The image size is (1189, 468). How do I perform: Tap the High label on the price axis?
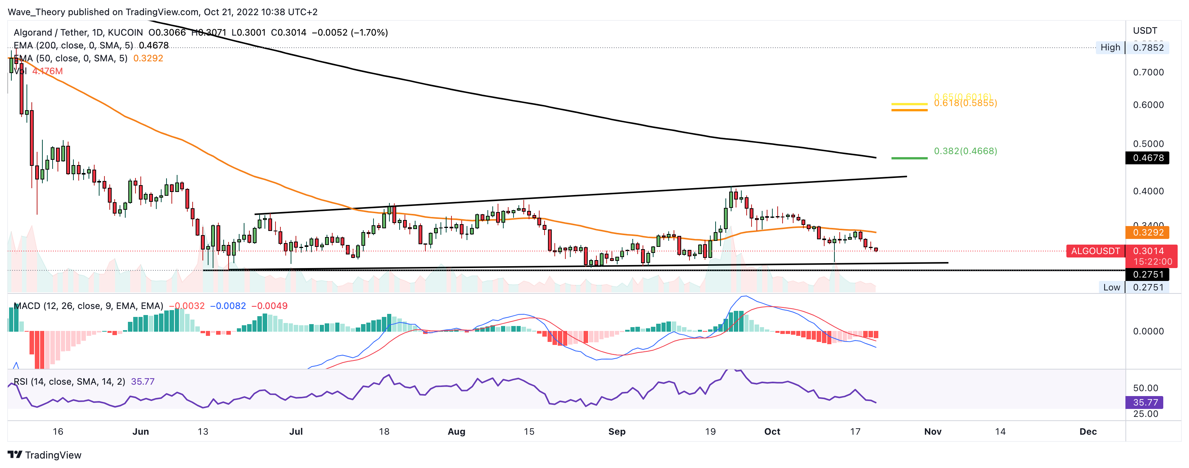[1110, 47]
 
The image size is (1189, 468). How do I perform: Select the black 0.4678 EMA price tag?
[1147, 158]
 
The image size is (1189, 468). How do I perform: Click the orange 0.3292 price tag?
[1147, 232]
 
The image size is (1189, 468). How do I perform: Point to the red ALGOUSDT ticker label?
[1095, 251]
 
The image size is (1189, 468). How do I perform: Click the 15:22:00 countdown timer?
[1153, 262]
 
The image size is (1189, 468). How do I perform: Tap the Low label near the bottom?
[1111, 287]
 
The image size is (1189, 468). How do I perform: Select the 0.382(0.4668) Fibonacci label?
[965, 151]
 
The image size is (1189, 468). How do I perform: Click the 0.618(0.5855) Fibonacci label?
[965, 103]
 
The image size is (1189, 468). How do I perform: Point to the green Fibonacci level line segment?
[909, 158]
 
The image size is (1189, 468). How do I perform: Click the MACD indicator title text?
[88, 306]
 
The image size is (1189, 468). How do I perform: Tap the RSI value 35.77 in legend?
[143, 382]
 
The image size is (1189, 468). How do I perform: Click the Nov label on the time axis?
[932, 432]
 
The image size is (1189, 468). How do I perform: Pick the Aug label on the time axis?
[456, 432]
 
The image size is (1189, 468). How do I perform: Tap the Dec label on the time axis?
[1088, 432]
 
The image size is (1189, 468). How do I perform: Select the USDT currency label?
[1145, 31]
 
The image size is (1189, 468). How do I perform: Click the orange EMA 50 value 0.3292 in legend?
[148, 58]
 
